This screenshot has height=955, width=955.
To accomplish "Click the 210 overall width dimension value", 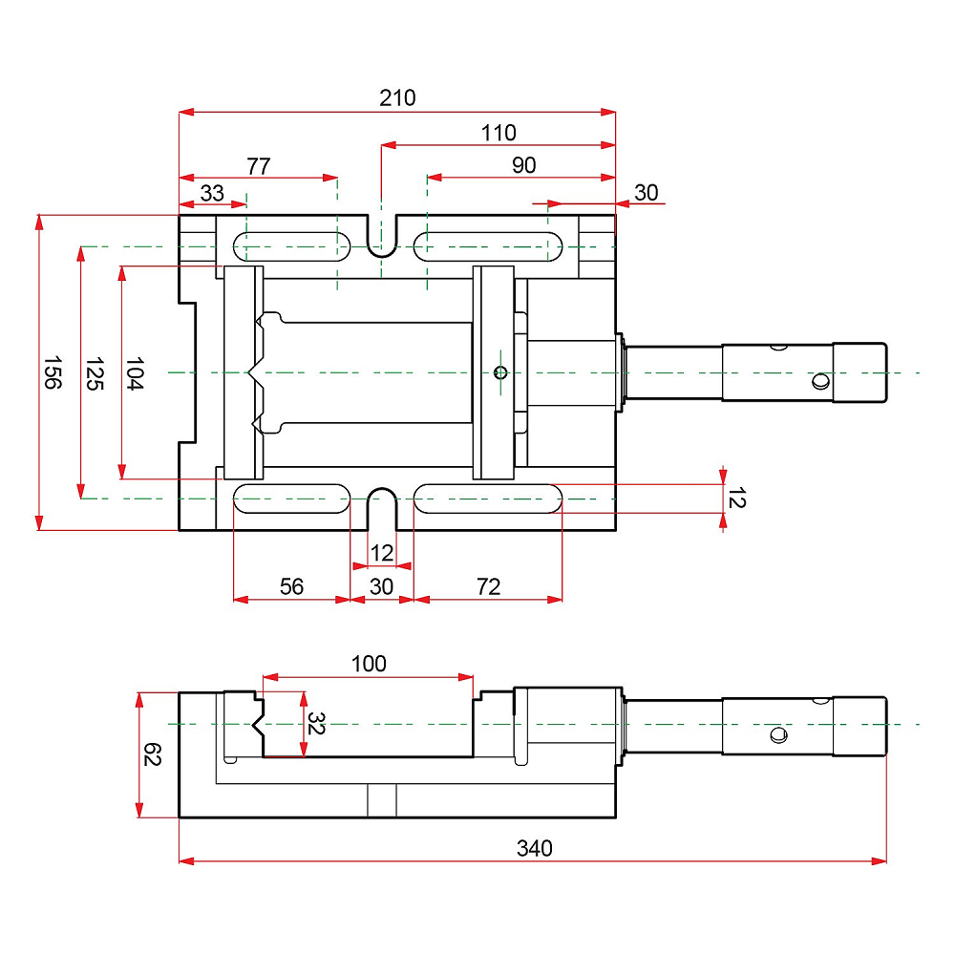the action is (x=397, y=97).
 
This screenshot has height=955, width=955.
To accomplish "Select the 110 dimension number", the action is (x=499, y=132).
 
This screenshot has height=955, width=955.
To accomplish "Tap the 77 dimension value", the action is (x=258, y=165).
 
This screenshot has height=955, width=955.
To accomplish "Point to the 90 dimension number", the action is (x=523, y=165).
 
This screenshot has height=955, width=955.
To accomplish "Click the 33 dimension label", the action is (x=212, y=193).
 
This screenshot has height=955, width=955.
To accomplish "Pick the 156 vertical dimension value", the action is (x=53, y=372).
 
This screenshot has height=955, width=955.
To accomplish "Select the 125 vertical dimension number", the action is (x=95, y=373).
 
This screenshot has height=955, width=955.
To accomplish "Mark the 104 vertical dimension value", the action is (x=134, y=373).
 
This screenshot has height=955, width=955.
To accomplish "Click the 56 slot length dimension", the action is (x=291, y=586).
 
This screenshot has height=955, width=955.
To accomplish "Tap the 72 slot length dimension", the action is (x=488, y=586).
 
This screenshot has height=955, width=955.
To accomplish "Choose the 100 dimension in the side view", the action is (x=369, y=664).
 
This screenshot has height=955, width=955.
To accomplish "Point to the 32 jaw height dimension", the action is (x=315, y=723).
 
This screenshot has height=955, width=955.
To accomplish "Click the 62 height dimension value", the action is (x=152, y=754).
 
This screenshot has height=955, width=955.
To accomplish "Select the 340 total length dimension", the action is (x=534, y=848).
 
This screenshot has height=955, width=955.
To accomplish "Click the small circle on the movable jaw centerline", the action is (x=500, y=372).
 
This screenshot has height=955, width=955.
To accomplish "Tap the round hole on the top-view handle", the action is (x=821, y=381).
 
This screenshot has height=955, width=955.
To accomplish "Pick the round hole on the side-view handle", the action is (x=778, y=735).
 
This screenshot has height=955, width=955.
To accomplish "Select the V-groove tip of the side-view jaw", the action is (x=253, y=725).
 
